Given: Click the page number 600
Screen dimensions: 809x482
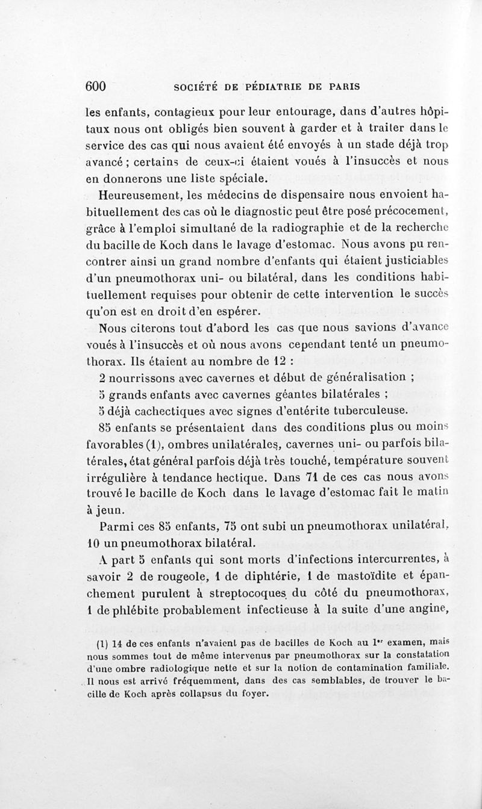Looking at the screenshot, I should [96, 86].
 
